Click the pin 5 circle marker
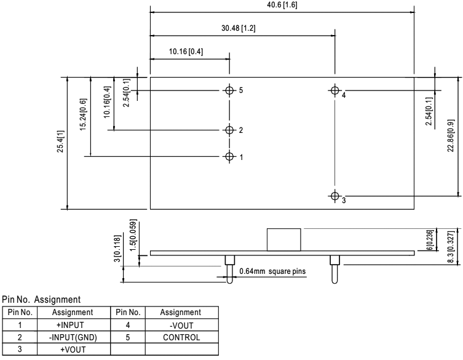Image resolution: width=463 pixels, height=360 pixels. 230,90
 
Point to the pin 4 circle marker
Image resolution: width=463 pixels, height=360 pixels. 334,90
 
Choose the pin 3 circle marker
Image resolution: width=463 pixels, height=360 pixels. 334,196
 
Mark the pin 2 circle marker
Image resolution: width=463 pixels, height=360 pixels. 230,130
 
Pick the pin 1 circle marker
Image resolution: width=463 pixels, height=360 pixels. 230,156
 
